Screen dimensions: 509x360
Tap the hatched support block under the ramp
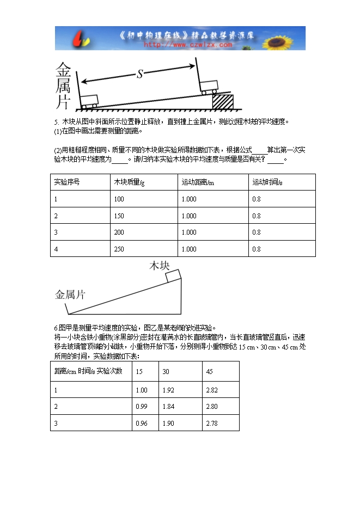[x=222, y=102]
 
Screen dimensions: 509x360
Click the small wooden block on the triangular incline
[x=174, y=275]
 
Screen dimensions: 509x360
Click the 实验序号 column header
[x=67, y=182]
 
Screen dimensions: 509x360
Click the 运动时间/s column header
[x=267, y=182]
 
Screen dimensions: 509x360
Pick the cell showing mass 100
[x=119, y=199]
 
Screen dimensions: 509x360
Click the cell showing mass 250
[x=119, y=249]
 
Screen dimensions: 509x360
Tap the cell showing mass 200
[x=119, y=232]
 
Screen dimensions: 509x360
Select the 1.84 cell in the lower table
[x=168, y=406]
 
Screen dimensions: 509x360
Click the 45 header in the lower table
[x=210, y=371]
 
